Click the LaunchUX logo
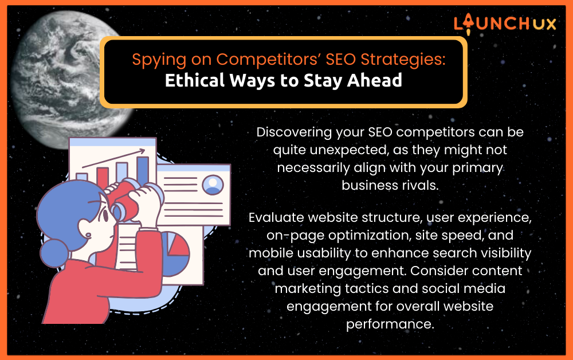[x=505, y=24]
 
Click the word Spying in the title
[x=159, y=60]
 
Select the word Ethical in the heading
[x=194, y=80]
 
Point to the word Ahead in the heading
[x=375, y=80]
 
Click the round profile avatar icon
[x=213, y=185]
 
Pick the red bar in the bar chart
[x=103, y=178]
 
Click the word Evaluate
[x=276, y=217]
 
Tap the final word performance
[x=390, y=324]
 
